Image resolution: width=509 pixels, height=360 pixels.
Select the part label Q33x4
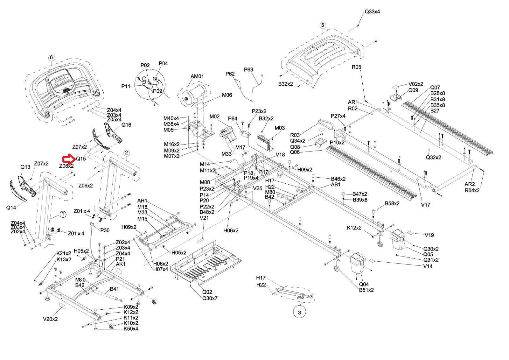coord(372,12)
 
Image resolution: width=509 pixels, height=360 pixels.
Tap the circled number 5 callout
coord(323,25)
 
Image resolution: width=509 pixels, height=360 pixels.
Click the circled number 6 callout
coord(52,58)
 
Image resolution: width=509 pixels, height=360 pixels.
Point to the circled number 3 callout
coord(299,313)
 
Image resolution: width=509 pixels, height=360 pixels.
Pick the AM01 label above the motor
coord(197,76)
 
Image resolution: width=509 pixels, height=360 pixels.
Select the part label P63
coord(248,70)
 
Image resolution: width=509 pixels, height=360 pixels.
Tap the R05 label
coord(356,67)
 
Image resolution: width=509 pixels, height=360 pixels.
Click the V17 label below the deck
coord(425,205)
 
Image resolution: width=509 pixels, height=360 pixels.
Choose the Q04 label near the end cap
coord(364,284)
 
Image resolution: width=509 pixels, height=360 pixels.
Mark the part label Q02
coord(207,292)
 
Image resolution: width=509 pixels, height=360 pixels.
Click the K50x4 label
coord(131,328)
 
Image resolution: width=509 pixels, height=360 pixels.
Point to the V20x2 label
coord(50,319)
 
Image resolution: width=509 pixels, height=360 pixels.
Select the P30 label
coord(105,230)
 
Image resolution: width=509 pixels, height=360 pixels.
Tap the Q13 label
coord(25,167)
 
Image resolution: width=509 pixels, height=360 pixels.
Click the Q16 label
coord(126,125)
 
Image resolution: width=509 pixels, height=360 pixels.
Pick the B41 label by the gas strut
coord(114,289)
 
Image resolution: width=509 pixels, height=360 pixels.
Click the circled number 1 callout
coord(63,214)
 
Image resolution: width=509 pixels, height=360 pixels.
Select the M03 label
coord(280,128)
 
